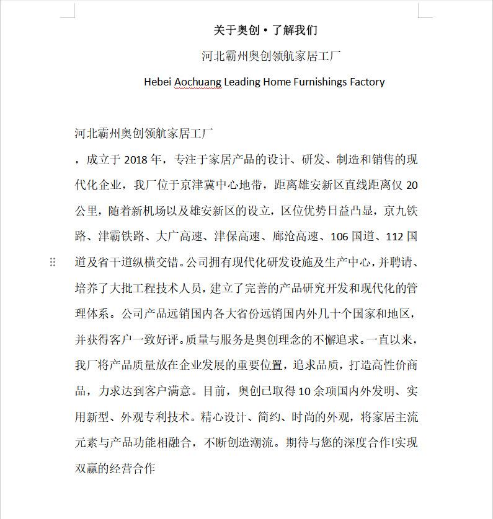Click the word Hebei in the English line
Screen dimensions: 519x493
[157, 82]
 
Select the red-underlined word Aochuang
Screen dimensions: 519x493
[197, 82]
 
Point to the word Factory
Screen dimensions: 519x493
[367, 82]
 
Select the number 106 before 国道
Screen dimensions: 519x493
[340, 237]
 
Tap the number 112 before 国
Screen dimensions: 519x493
[395, 237]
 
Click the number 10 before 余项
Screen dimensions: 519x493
[304, 391]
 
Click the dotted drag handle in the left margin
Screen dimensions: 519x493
[53, 263]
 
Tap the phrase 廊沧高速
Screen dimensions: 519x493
[295, 237]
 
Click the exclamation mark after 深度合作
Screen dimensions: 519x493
[392, 443]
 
